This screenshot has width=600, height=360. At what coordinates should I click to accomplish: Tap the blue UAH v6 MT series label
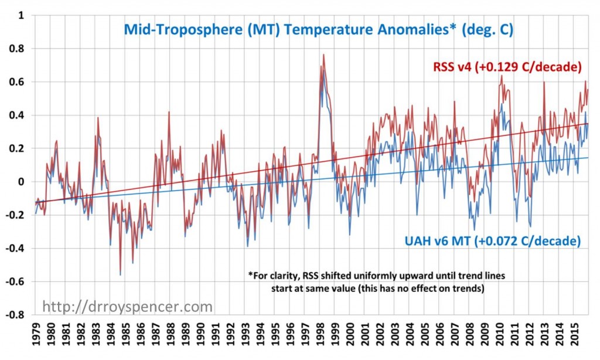(x=492, y=241)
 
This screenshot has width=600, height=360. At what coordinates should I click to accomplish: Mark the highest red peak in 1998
(x=323, y=55)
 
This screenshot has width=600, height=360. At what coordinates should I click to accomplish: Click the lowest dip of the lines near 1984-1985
(x=121, y=274)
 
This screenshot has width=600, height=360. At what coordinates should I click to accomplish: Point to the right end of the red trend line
(x=588, y=123)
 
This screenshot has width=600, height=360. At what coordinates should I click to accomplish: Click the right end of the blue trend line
(x=588, y=157)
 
